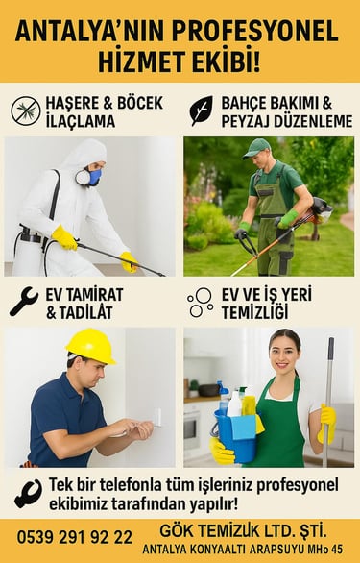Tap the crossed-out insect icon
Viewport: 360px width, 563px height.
(x=26, y=110)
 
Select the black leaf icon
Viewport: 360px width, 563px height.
(x=201, y=110)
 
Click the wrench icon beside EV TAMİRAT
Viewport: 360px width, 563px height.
(x=24, y=302)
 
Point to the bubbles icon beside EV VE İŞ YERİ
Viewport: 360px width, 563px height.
(x=201, y=303)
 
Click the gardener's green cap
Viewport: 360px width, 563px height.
(x=256, y=148)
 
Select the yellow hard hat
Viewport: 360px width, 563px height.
(x=91, y=346)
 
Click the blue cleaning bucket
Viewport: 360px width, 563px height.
(x=235, y=436)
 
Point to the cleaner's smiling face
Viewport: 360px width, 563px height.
(x=283, y=354)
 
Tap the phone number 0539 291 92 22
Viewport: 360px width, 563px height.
(x=75, y=537)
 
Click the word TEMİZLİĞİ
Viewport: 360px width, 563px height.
(x=254, y=312)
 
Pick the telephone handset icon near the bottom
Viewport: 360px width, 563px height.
(x=29, y=494)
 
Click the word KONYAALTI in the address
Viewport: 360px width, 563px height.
(x=219, y=549)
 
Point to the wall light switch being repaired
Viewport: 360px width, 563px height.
(x=157, y=417)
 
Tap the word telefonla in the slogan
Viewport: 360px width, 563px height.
(x=131, y=485)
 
